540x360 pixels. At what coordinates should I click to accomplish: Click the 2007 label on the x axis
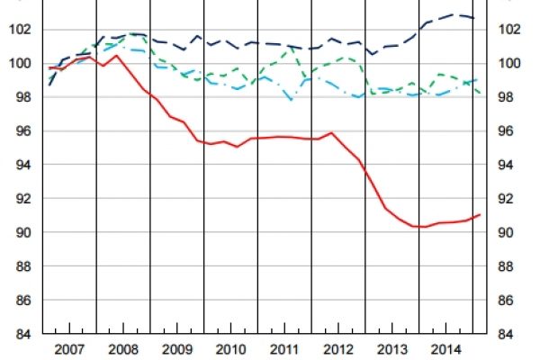point(70,349)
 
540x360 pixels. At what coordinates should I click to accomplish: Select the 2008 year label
point(123,349)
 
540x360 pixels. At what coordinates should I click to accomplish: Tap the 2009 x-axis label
point(177,349)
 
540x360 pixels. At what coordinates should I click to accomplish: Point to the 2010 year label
point(231,349)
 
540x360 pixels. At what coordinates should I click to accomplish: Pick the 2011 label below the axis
point(284,349)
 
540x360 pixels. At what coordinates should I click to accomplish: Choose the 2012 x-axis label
point(338,349)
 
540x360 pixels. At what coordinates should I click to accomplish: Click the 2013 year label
point(392,349)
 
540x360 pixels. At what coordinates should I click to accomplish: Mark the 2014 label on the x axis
point(445,349)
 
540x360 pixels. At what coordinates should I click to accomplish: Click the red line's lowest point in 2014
point(423,227)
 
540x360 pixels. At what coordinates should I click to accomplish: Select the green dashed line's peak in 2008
point(132,33)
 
